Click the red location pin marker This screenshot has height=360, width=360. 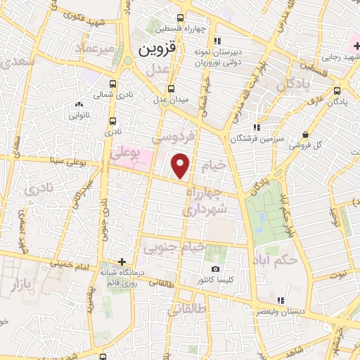[x=181, y=165]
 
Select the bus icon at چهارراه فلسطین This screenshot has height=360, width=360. [x=181, y=18]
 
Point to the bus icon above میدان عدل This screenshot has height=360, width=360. [x=171, y=89]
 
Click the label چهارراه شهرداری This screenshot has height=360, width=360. [x=205, y=200]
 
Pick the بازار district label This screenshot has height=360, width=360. [x=22, y=285]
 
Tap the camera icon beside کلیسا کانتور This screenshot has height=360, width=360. [x=214, y=269]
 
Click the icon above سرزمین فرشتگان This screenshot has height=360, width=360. [x=258, y=127]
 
